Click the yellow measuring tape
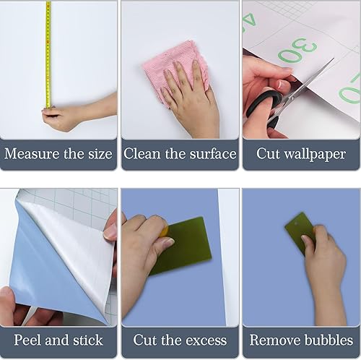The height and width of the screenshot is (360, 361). point(48,51)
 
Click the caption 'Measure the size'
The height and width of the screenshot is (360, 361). point(58,154)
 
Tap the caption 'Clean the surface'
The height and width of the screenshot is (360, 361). point(180,154)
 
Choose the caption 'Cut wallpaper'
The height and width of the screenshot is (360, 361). point(301,154)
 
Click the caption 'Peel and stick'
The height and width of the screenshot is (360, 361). point(58,340)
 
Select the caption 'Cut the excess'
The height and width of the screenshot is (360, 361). point(180,340)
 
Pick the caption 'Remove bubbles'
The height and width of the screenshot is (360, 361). point(301,340)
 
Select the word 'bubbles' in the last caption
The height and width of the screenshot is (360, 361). point(326,340)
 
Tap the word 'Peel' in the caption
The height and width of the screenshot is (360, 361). point(30,340)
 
